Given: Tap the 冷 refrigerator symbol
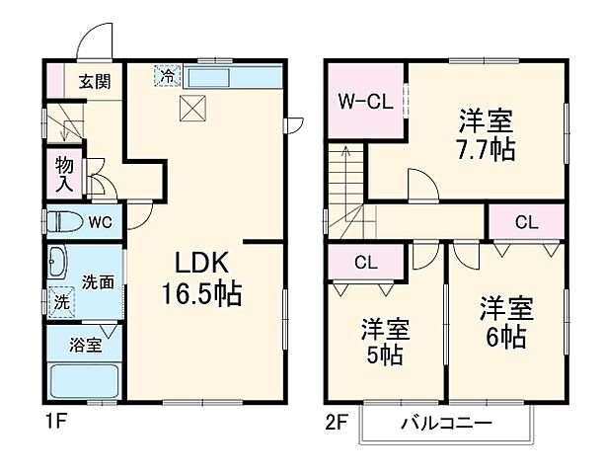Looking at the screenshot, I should (168, 73).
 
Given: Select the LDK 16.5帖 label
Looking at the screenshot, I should (202, 278).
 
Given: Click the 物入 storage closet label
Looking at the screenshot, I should (65, 174).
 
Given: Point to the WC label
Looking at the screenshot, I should (102, 221).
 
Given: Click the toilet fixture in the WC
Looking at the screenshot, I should (65, 221).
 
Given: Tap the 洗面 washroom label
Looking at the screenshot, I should (97, 281).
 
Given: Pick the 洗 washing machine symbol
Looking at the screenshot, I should (61, 299).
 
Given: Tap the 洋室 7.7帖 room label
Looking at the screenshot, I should (485, 136).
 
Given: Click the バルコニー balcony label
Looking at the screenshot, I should (448, 425).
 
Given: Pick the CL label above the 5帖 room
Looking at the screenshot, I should (366, 263).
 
